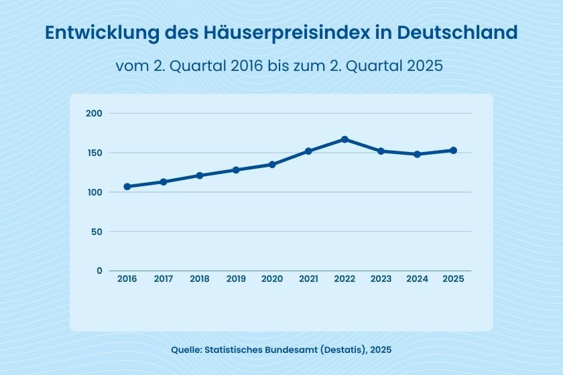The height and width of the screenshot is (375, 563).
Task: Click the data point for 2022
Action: pyautogui.click(x=345, y=139)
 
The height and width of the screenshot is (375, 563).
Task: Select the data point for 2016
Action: pyautogui.click(x=127, y=186)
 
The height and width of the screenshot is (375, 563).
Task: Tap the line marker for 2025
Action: pyautogui.click(x=453, y=150)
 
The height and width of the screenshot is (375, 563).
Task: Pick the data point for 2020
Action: pyautogui.click(x=272, y=164)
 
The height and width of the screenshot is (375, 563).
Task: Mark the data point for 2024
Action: pyautogui.click(x=417, y=154)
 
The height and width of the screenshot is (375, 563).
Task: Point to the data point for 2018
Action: pyautogui.click(x=200, y=175)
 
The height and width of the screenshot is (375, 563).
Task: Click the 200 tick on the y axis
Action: pyautogui.click(x=94, y=113)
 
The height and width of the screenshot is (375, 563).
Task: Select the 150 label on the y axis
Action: pyautogui.click(x=94, y=153)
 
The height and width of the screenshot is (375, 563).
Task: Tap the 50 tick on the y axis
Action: pyautogui.click(x=97, y=232)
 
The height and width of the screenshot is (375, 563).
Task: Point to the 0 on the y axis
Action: pyautogui.click(x=99, y=271)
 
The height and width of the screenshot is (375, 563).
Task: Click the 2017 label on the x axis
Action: pyautogui.click(x=164, y=279)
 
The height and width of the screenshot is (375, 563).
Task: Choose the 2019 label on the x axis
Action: pyautogui.click(x=236, y=279)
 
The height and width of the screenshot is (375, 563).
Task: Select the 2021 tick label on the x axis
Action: pyautogui.click(x=308, y=279)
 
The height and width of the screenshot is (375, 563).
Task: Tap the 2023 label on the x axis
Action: pyautogui.click(x=381, y=279)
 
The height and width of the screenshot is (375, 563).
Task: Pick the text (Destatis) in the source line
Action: pyautogui.click(x=341, y=350)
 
